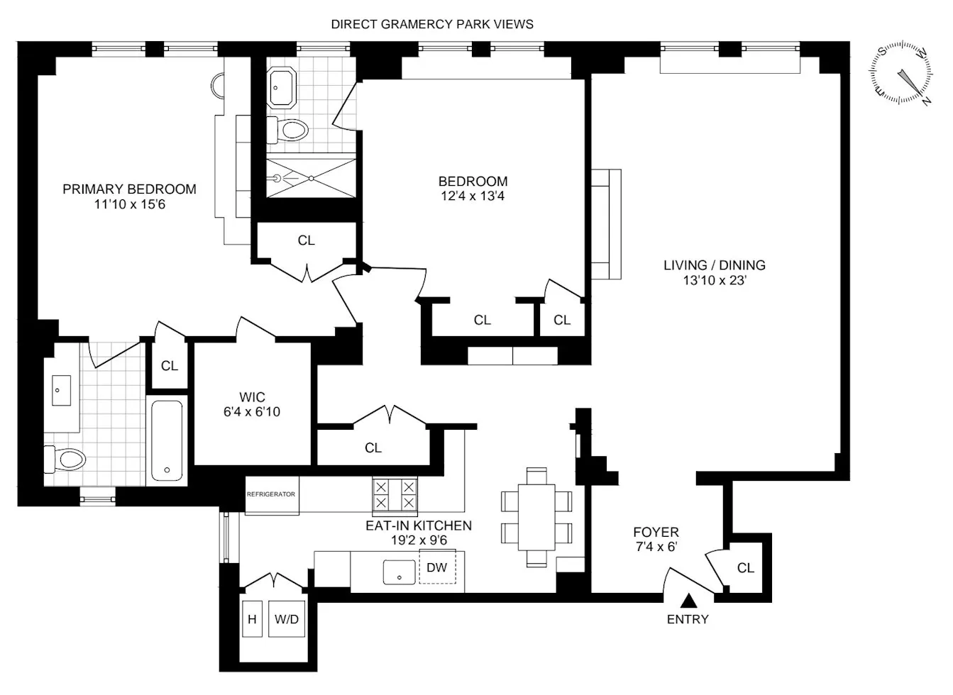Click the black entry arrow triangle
click(x=688, y=601)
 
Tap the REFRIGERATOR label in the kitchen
click(x=270, y=494)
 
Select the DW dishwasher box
click(x=437, y=568)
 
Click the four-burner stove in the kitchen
click(x=395, y=494)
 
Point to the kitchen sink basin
click(x=400, y=572)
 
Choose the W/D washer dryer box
click(x=287, y=619)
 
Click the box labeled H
click(x=252, y=619)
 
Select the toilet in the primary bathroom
click(x=65, y=459)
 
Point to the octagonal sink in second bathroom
click(x=285, y=87)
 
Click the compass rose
click(x=901, y=74)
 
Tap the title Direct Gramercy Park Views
click(x=432, y=24)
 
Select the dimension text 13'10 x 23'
click(x=714, y=280)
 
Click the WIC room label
click(x=252, y=397)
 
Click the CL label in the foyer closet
click(x=745, y=567)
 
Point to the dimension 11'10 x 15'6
click(x=129, y=204)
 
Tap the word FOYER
click(x=656, y=532)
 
